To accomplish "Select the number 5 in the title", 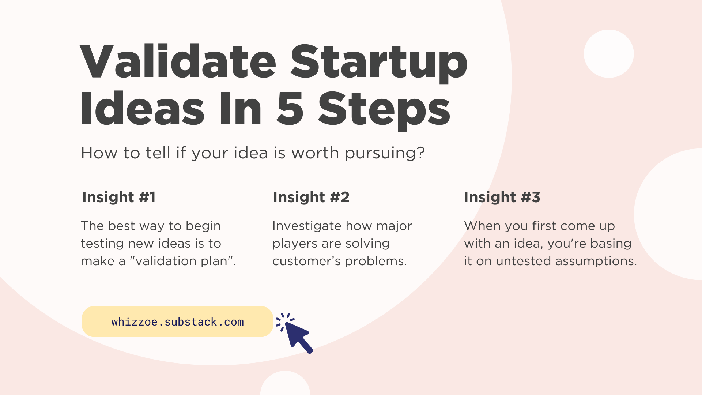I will (290, 109).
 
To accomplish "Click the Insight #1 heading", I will (119, 197).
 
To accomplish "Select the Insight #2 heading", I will (311, 197).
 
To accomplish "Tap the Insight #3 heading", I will (502, 197).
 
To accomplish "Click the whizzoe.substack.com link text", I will (177, 322).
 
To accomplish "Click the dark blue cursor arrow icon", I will (298, 336).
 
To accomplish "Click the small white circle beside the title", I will (608, 54).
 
